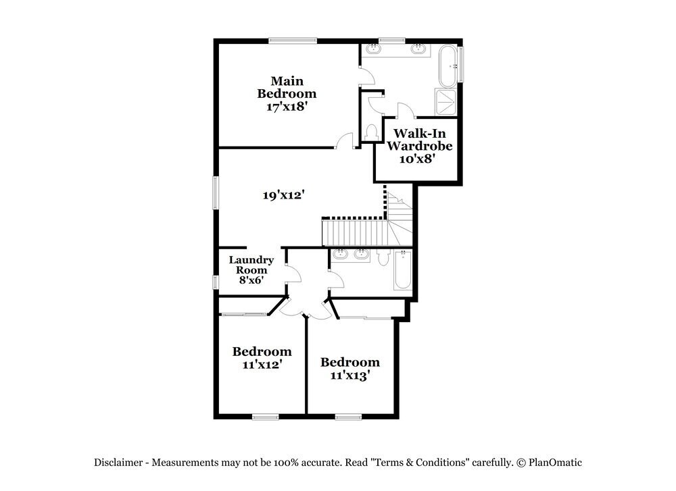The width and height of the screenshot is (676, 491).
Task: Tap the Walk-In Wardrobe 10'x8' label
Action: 419,145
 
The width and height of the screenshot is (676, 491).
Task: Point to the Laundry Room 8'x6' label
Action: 251,269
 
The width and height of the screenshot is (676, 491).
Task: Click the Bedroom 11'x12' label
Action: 262,357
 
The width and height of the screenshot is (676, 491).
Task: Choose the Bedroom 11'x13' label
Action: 349,368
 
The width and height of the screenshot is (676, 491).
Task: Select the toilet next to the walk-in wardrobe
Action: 370,132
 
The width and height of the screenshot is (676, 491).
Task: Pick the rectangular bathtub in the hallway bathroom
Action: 403,269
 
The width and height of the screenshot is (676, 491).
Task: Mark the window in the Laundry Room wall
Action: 216,282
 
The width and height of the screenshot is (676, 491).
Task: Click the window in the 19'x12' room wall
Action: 216,192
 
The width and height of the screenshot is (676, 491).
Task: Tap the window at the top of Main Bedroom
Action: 293,41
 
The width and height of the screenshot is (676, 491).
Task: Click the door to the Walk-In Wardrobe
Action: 405,111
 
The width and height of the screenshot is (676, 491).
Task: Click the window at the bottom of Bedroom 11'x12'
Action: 266,417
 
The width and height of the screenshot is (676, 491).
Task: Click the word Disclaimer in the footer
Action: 118,463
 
